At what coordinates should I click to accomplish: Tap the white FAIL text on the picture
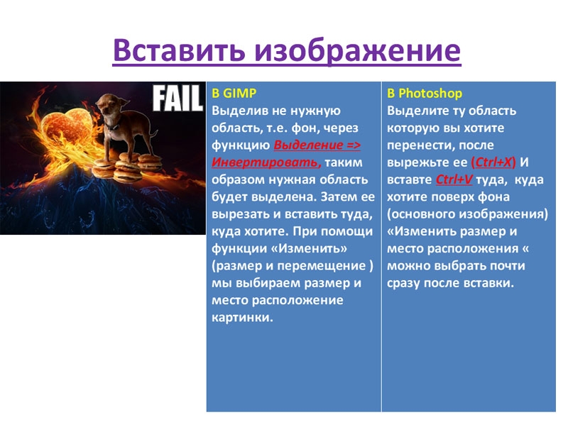coord(177,98)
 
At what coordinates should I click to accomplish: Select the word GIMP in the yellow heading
coord(239,93)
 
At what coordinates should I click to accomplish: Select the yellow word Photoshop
coord(430,94)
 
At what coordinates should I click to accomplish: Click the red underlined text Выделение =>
coord(317,145)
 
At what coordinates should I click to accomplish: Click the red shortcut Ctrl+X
coord(493,162)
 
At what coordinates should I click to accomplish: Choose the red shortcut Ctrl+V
coord(454,179)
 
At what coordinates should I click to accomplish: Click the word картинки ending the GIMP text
coord(242,318)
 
